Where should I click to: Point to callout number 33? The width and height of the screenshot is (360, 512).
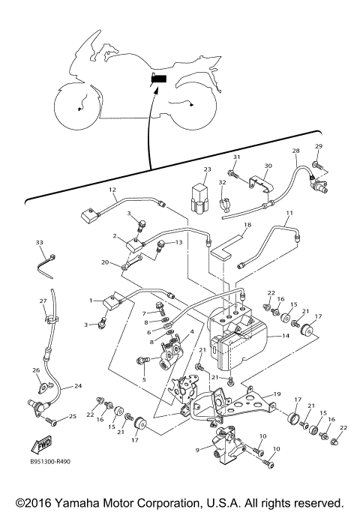[40, 242]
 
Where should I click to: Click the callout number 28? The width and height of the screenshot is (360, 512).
[295, 151]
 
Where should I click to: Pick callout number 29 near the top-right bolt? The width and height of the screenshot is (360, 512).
[318, 145]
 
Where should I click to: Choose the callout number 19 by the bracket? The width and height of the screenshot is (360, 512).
[277, 393]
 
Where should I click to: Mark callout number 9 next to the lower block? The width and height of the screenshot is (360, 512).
[197, 450]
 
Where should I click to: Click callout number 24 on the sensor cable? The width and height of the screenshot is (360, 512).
[77, 388]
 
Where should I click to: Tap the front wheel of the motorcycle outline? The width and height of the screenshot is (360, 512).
[77, 107]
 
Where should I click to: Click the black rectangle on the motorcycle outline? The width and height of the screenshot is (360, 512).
[160, 78]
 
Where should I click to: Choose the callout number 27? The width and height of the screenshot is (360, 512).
[43, 301]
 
